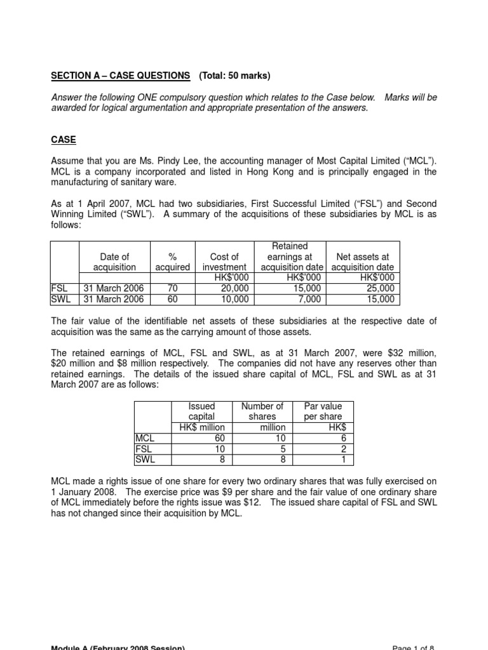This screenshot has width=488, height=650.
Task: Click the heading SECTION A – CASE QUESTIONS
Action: coord(120,76)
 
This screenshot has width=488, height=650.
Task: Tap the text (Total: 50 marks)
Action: coord(234,76)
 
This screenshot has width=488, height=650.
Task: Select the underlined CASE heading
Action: coord(64,139)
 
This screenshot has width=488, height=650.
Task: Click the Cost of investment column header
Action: coord(224,262)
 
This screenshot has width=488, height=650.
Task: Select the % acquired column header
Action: coord(172,262)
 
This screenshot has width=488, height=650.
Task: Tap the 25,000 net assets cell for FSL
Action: coord(380,288)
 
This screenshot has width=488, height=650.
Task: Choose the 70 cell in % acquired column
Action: coord(172,288)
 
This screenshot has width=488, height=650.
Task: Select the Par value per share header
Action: coord(323,411)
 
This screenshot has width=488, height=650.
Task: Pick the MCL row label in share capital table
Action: coord(146,438)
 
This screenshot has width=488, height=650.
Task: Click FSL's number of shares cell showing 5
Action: coord(282,449)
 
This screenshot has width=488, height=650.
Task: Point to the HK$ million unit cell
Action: coord(202,427)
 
